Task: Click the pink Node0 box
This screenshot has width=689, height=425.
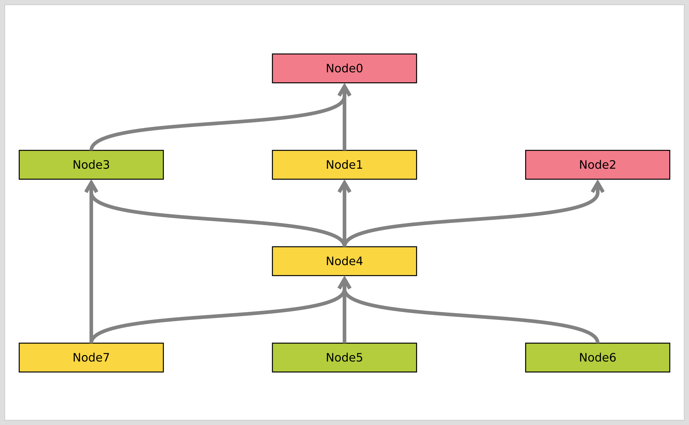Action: tap(344, 68)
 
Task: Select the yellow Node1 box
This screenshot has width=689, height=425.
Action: tap(344, 165)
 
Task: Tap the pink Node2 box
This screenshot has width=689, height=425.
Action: tap(597, 165)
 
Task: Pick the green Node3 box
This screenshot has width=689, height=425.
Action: tap(91, 165)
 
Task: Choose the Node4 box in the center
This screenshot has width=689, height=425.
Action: tap(344, 261)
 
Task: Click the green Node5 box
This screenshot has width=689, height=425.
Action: tap(344, 357)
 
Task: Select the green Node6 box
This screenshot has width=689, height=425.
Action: tap(597, 357)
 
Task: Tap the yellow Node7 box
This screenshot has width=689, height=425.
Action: tap(91, 357)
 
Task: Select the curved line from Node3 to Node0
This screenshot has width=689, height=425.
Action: tap(218, 123)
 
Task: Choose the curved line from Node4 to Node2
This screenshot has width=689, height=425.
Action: tap(471, 219)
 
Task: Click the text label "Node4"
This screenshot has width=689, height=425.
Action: tap(344, 261)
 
